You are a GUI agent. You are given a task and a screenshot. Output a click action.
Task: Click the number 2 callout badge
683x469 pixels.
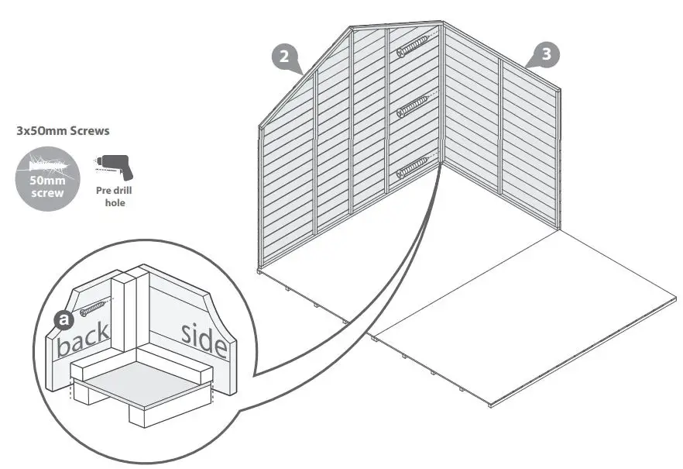tap(283, 57)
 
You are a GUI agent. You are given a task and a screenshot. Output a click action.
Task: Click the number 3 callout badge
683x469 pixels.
tap(547, 54)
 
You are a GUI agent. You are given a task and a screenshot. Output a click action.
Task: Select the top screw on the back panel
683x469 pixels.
tap(412, 47)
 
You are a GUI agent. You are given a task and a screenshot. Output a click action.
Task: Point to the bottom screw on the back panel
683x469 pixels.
tap(412, 165)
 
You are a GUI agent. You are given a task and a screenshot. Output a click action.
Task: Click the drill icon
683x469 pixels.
tap(113, 166)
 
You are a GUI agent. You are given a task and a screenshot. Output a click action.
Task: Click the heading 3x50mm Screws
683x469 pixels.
tap(63, 131)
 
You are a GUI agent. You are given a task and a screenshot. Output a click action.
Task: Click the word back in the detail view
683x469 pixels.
tap(82, 338)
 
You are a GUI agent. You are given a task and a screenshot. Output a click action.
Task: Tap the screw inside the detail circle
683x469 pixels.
tap(92, 309)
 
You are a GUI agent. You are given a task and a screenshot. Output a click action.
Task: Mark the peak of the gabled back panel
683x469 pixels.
tap(350, 28)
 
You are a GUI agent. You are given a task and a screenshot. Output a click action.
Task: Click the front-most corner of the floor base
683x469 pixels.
tap(490, 404)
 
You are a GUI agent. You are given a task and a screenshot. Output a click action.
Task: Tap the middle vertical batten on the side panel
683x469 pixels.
tap(501, 127)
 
